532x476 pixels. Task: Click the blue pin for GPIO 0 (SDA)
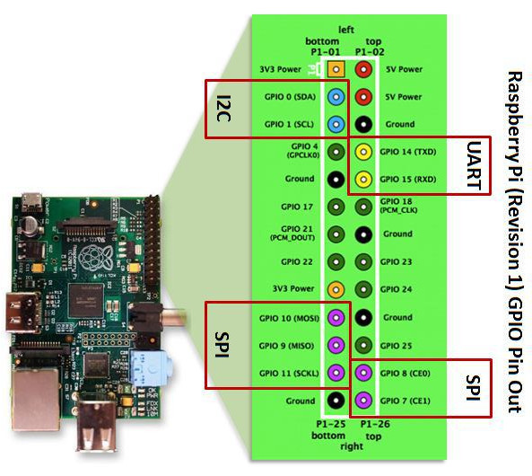click(336, 96)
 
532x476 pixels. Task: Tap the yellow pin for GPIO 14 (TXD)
click(363, 152)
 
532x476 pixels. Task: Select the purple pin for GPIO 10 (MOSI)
click(336, 317)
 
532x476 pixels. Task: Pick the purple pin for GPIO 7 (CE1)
click(363, 400)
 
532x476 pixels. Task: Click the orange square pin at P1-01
click(336, 68)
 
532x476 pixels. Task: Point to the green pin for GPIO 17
click(336, 207)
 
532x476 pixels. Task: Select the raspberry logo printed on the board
click(87, 260)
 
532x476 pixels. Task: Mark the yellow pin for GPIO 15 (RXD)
click(363, 180)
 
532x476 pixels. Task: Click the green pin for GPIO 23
click(363, 262)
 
